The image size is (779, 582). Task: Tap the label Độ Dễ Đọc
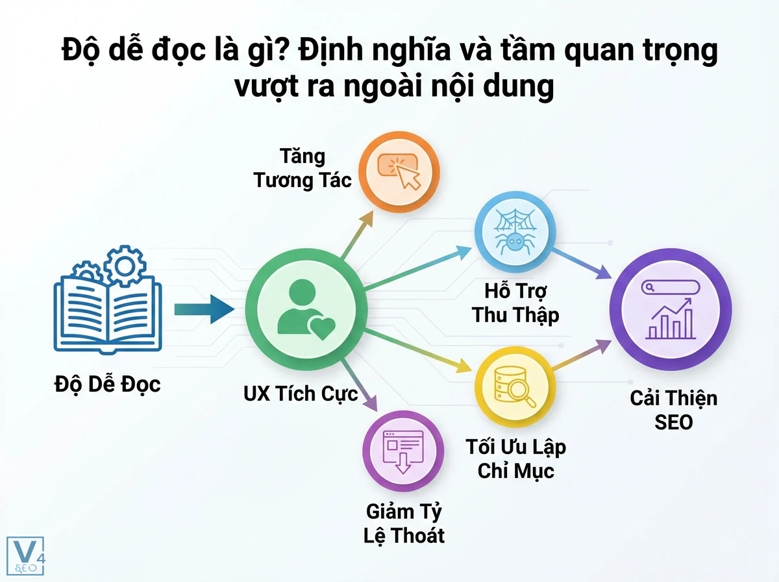point(107,384)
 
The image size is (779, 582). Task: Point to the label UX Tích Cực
point(301,394)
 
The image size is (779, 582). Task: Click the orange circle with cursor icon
point(399,171)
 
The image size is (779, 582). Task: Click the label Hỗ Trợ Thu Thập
point(515,302)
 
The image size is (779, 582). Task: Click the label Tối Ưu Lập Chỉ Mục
point(515,459)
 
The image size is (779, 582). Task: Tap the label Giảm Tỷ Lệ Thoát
point(404,523)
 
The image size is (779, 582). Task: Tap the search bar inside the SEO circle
point(669,288)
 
